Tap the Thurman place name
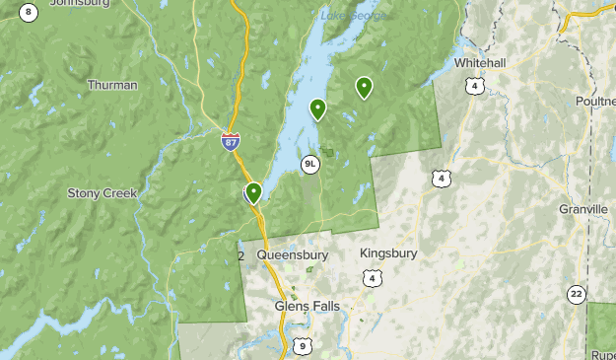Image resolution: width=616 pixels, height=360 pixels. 112,85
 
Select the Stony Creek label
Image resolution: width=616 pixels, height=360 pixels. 102,193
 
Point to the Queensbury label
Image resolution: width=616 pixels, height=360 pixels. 292,254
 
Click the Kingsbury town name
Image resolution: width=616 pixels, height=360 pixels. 388,253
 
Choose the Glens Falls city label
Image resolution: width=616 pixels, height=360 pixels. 307,307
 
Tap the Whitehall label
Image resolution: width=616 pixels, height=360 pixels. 480,63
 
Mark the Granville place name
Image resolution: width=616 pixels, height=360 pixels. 583,210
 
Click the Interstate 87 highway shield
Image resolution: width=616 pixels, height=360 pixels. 230,142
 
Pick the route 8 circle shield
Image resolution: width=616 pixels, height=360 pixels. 29,12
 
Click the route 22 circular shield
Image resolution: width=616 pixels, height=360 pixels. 576,294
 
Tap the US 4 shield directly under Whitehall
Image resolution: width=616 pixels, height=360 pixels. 475,87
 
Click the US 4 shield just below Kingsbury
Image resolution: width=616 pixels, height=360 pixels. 371,279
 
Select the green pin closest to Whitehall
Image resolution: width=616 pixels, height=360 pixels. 365,88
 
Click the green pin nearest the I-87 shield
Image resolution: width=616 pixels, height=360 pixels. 253,191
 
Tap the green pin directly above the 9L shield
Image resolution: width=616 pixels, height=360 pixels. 317,108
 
